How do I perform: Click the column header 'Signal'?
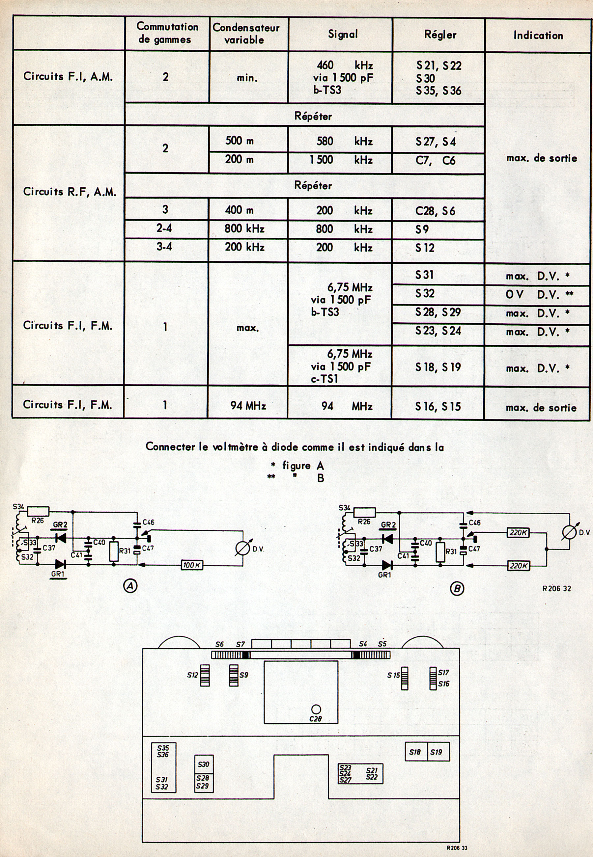pyautogui.click(x=343, y=34)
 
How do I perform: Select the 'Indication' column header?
pyautogui.click(x=538, y=35)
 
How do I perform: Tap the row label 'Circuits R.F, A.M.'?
pyautogui.click(x=70, y=192)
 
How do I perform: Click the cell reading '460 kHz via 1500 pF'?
pyautogui.click(x=342, y=77)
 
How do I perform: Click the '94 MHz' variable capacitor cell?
pyautogui.click(x=248, y=406)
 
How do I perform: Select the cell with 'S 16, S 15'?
pyautogui.click(x=438, y=407)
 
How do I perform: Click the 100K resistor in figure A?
pyautogui.click(x=192, y=565)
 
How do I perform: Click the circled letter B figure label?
pyautogui.click(x=457, y=588)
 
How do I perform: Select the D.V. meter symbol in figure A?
pyautogui.click(x=243, y=548)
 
